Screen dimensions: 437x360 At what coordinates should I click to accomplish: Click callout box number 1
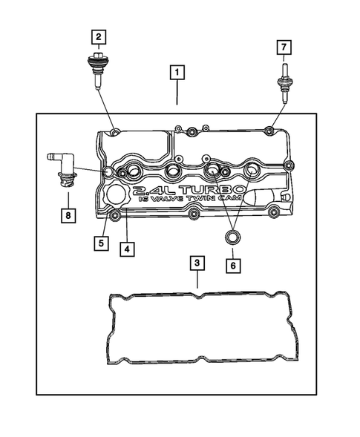(x=177, y=73)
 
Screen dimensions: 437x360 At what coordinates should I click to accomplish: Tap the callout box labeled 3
(x=197, y=263)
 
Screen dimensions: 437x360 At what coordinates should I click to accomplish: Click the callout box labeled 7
(x=283, y=47)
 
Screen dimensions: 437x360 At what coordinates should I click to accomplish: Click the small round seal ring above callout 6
(x=232, y=237)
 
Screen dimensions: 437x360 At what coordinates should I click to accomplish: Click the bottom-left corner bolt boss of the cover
(x=115, y=217)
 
